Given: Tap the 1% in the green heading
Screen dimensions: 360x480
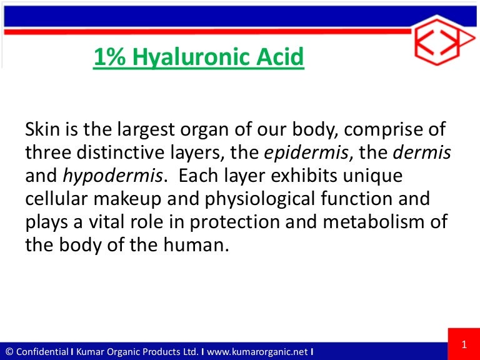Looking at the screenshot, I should pos(107,58).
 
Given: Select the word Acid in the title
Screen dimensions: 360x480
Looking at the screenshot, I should pos(281,58).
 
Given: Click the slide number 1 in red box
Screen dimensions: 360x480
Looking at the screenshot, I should pos(464,344).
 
